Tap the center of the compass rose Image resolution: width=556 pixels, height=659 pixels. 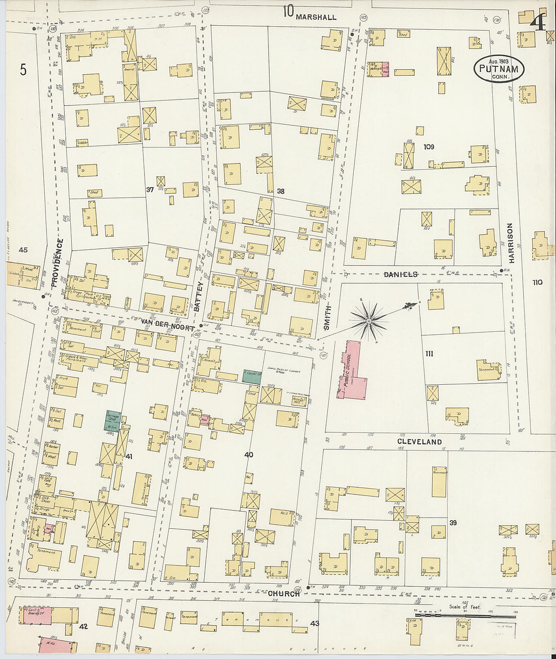[369, 320]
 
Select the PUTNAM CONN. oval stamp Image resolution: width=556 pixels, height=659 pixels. [499, 69]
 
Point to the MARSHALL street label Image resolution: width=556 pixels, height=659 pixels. [316, 17]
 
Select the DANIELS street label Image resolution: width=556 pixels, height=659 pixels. [400, 274]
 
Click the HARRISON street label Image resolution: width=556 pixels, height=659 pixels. [511, 243]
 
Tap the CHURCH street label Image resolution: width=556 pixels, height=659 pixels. [284, 594]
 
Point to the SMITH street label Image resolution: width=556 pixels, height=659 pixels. [327, 318]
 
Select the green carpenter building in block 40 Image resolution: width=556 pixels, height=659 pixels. [252, 376]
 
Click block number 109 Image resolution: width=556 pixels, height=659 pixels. [429, 147]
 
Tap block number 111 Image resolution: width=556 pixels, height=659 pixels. [429, 353]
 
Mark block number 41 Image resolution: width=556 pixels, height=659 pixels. [128, 457]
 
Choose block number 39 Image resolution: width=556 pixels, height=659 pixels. [453, 523]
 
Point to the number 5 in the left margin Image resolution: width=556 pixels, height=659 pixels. [23, 70]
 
